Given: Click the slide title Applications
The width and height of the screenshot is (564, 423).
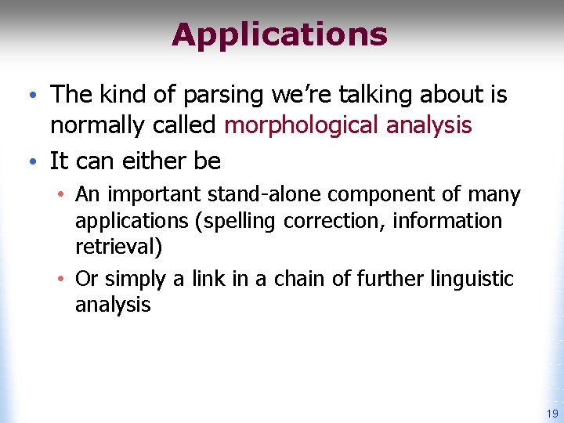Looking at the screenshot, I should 280,35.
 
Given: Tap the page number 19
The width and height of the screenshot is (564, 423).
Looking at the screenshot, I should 552,414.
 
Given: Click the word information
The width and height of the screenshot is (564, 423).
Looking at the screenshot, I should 447,222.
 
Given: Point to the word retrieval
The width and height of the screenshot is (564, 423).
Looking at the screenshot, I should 117,248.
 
